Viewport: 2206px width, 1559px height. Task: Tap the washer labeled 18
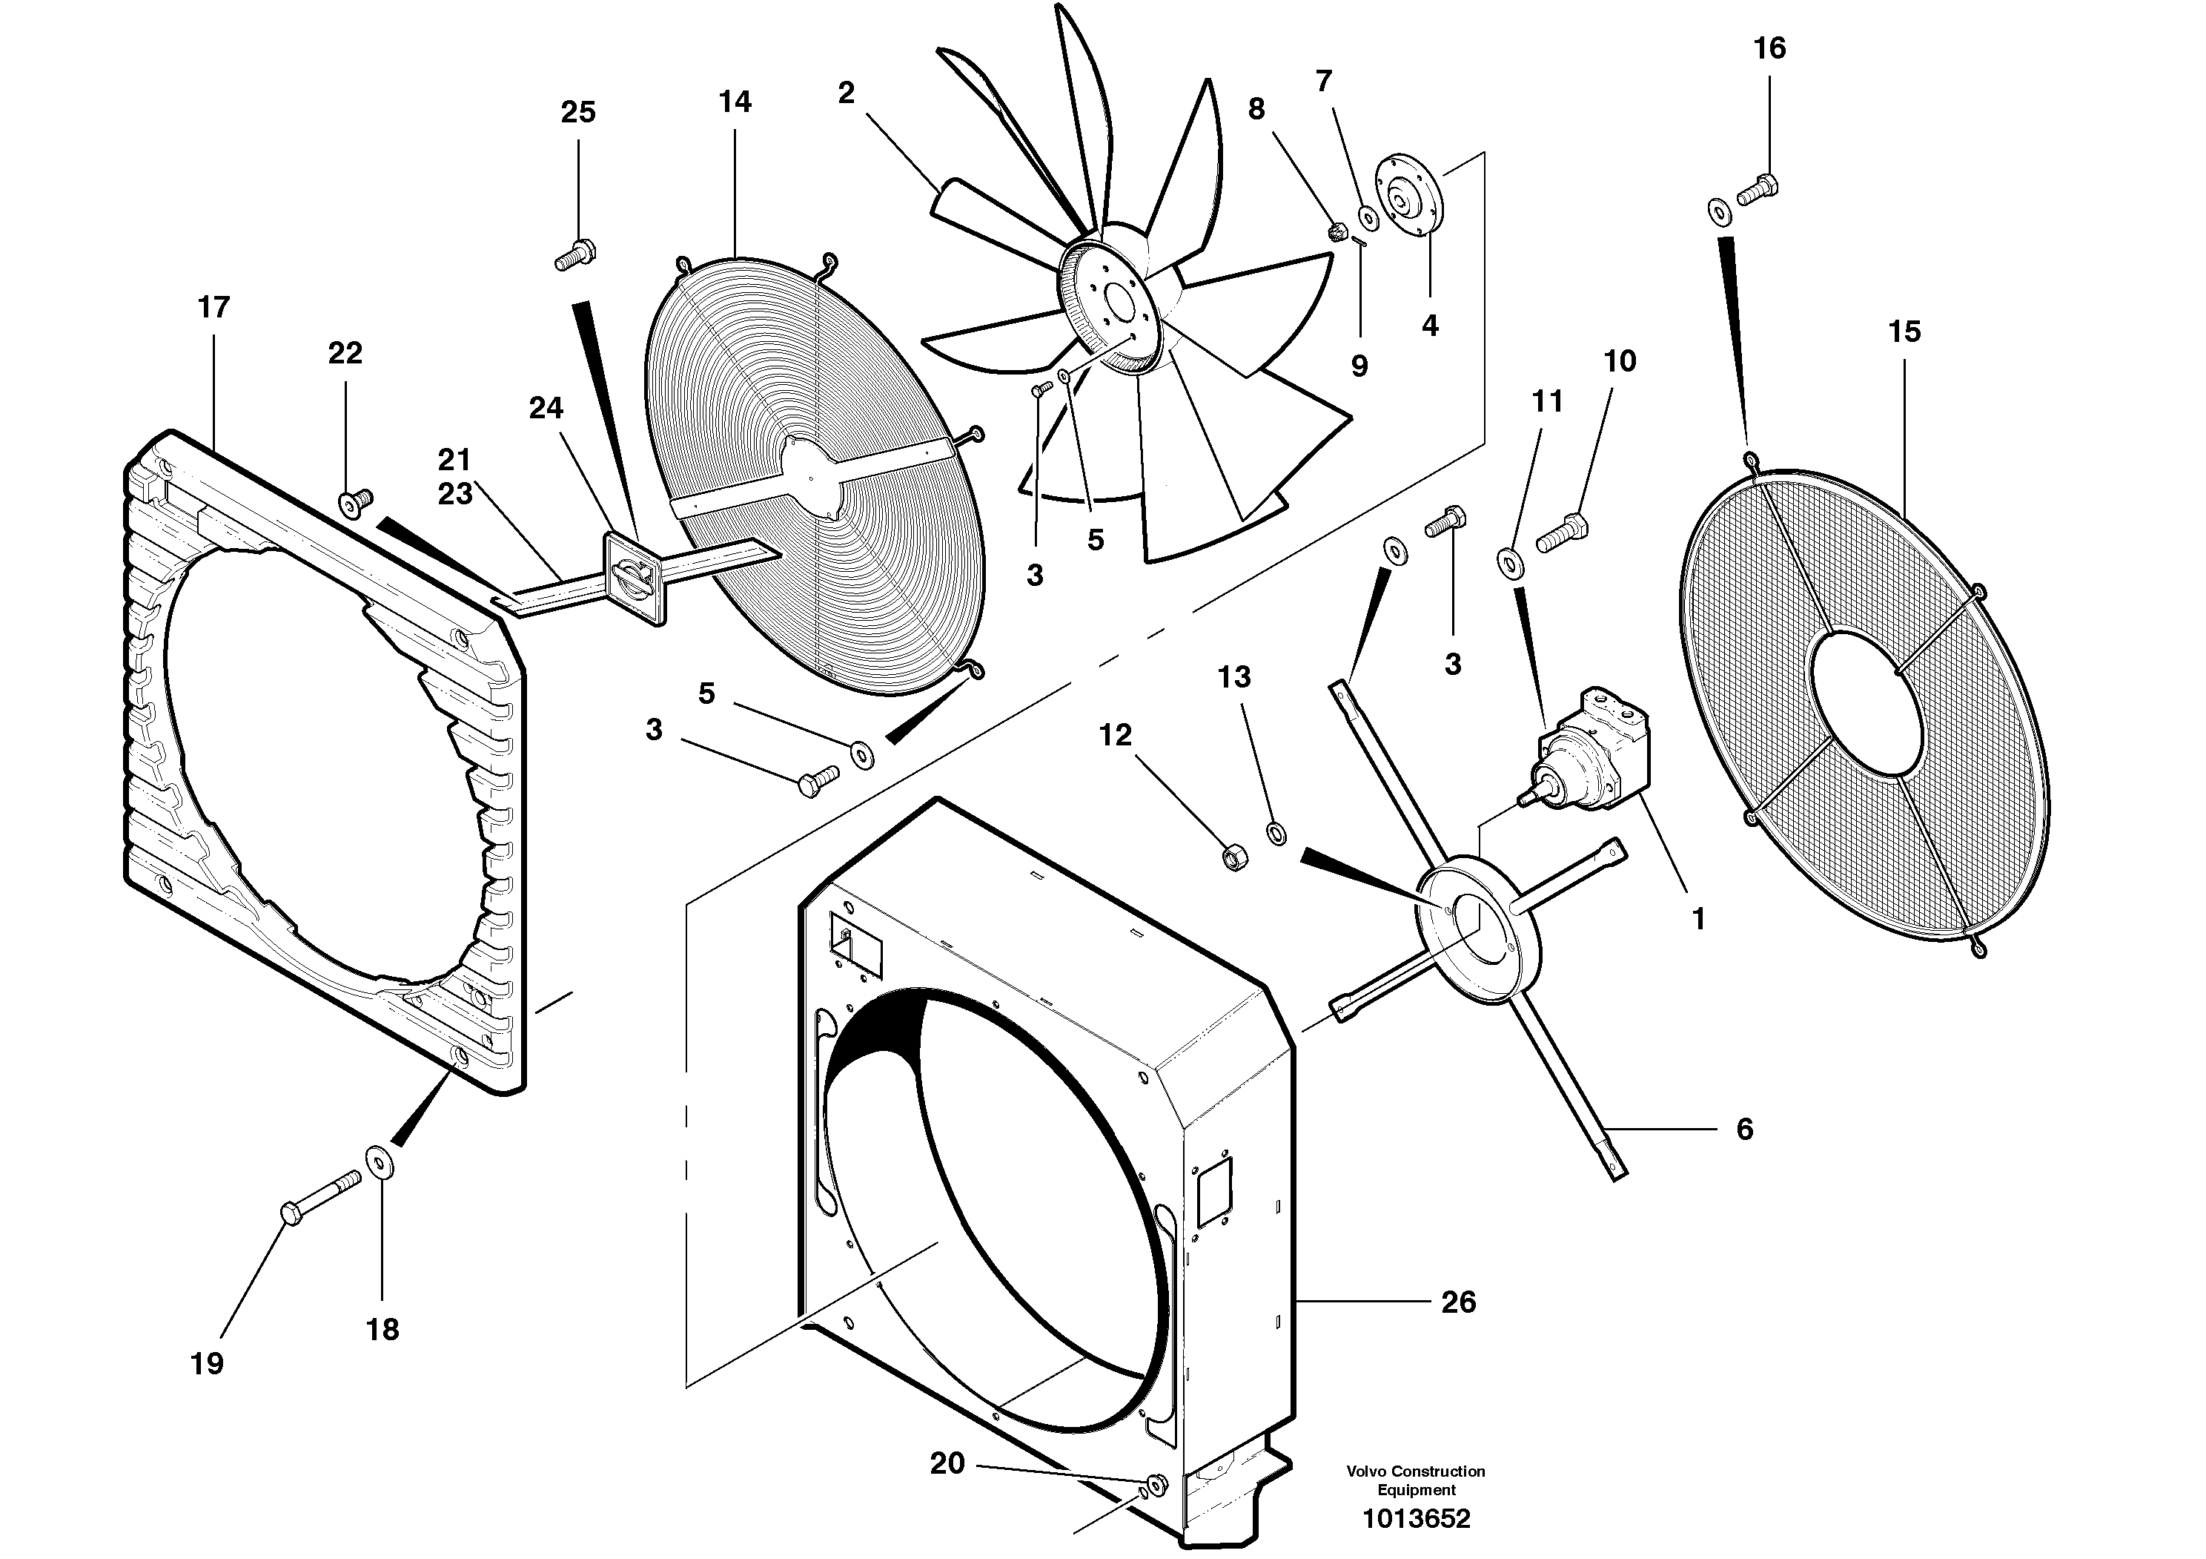(382, 1163)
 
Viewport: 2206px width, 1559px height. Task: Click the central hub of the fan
(1115, 303)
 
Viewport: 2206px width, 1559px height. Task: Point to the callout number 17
(213, 308)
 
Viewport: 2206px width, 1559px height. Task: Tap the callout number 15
(1904, 332)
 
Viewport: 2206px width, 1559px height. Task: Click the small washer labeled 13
(1277, 832)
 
